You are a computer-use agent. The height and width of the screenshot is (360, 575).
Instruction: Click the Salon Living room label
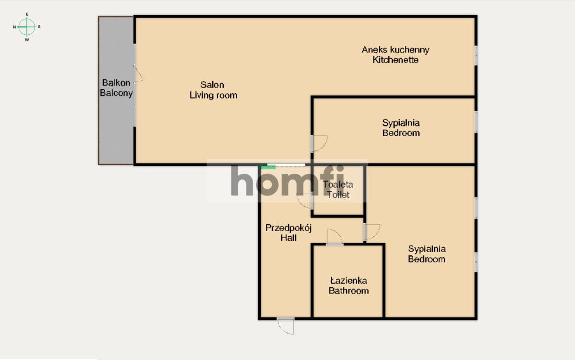point(213,90)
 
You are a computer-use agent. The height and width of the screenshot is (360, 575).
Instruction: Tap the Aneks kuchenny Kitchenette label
point(395,55)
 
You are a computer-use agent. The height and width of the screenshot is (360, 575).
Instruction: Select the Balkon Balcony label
point(116,88)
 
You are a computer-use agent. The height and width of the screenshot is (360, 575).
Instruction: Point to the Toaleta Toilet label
point(338,189)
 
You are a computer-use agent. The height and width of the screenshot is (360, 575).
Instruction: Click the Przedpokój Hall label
point(288,233)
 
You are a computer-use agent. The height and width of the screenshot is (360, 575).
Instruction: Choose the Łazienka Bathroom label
point(348,285)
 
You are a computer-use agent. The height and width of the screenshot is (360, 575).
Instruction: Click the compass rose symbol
point(27,27)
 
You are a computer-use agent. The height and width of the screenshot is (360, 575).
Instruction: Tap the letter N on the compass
point(14,27)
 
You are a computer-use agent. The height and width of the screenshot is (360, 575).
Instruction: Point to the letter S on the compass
point(39,27)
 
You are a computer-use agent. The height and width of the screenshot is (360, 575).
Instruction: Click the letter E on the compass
point(27,14)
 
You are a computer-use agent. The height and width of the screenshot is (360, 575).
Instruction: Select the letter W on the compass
point(27,40)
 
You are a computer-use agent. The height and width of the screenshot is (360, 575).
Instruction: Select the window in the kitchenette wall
point(476,56)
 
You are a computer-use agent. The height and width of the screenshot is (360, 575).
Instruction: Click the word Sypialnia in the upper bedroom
point(401,123)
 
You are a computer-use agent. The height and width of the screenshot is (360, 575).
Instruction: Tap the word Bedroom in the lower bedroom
point(426,259)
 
